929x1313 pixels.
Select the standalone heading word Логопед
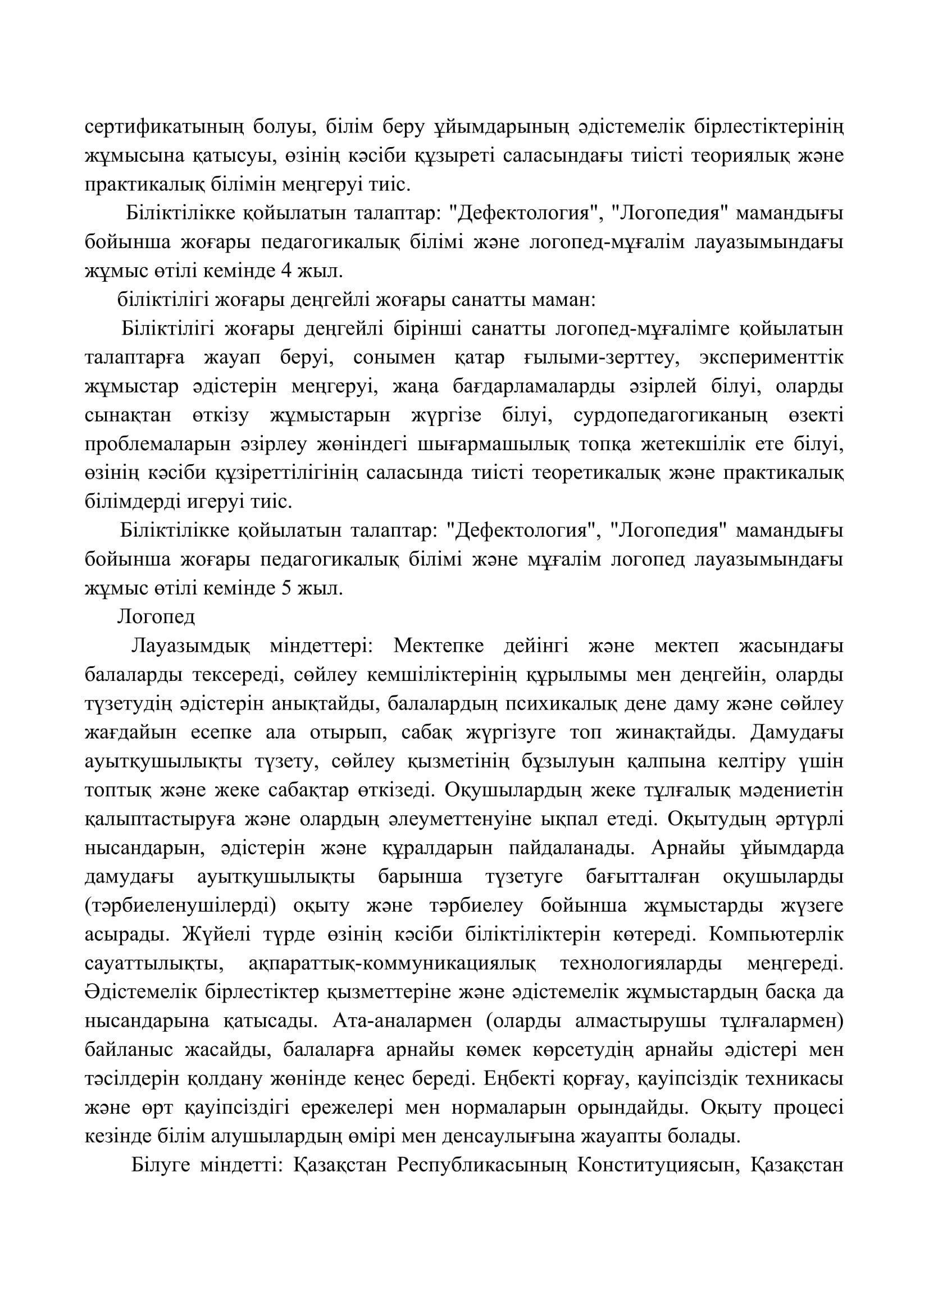(x=156, y=617)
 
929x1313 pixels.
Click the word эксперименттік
(x=771, y=358)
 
